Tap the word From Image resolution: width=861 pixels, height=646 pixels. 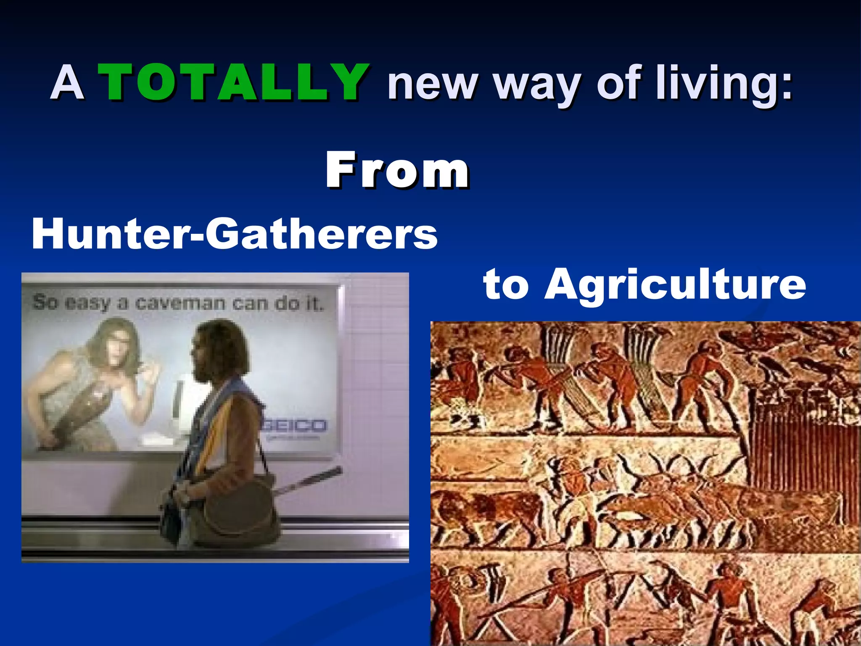pyautogui.click(x=397, y=170)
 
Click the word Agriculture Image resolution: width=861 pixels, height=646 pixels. pyautogui.click(x=675, y=284)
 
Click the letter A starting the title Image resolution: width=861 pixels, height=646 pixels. pyautogui.click(x=67, y=82)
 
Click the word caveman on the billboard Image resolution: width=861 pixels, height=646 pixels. pyautogui.click(x=180, y=303)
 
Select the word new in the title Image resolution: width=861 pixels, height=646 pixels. pyautogui.click(x=433, y=84)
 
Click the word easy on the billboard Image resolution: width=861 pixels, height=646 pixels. pyautogui.click(x=87, y=303)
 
